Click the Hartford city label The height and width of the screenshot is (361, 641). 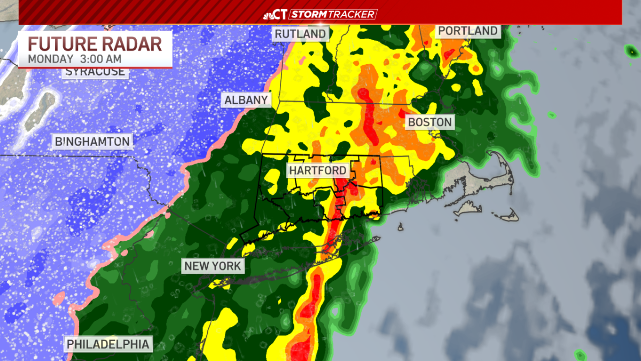[x=318, y=171]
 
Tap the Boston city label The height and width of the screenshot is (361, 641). [x=430, y=122]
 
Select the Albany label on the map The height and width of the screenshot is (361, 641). [x=246, y=100]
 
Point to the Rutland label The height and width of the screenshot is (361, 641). [x=300, y=34]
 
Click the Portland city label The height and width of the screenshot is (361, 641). [x=468, y=31]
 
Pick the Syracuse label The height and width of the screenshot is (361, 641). [x=96, y=72]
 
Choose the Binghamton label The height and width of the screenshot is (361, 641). [x=92, y=142]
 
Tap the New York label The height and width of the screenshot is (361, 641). [x=213, y=266]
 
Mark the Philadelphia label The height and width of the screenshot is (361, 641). [x=108, y=343]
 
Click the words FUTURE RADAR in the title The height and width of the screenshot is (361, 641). [x=95, y=44]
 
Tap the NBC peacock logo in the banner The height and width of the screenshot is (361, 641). [x=269, y=14]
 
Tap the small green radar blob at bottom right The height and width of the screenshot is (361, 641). [x=580, y=355]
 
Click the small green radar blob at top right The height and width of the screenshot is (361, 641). [x=631, y=51]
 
